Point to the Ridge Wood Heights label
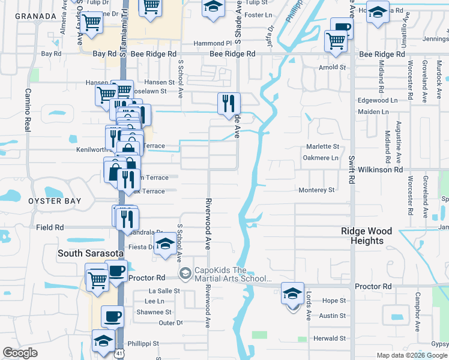pos(366,236)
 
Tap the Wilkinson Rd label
pos(380,170)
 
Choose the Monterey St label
pos(317,190)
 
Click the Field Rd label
pos(50,227)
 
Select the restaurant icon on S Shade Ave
pos(229,104)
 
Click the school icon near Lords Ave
pos(292,294)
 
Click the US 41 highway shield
pos(121,355)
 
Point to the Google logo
pos(20,353)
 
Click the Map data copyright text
pos(412,355)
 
